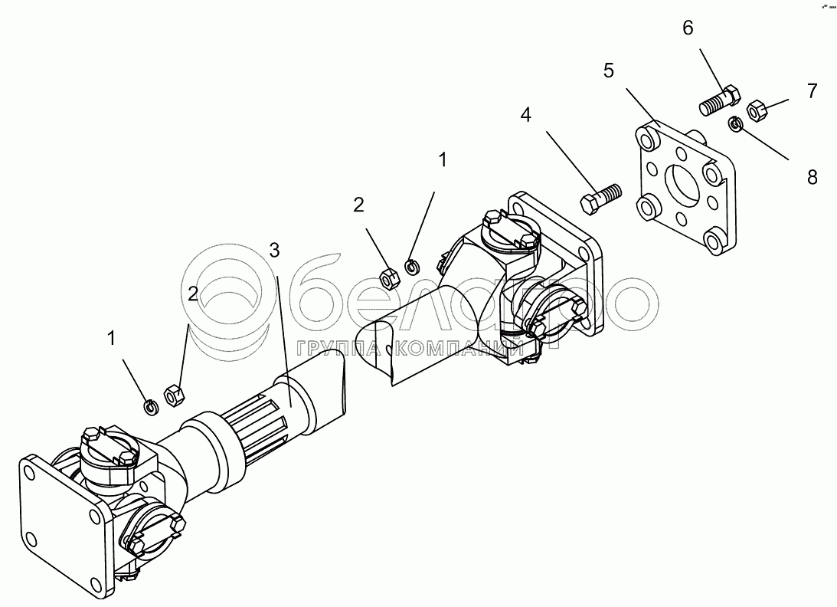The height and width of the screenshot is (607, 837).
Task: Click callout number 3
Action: (275, 250)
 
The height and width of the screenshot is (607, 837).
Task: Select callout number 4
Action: (525, 116)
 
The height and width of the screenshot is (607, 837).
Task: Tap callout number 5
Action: (609, 71)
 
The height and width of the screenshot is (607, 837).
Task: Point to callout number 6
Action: (687, 28)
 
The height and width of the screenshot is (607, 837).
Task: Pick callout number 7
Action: (811, 90)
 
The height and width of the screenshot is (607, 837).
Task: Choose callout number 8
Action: (811, 177)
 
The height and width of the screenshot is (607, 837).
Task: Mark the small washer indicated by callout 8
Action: (734, 123)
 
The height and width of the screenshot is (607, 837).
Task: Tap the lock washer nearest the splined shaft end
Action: (151, 406)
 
